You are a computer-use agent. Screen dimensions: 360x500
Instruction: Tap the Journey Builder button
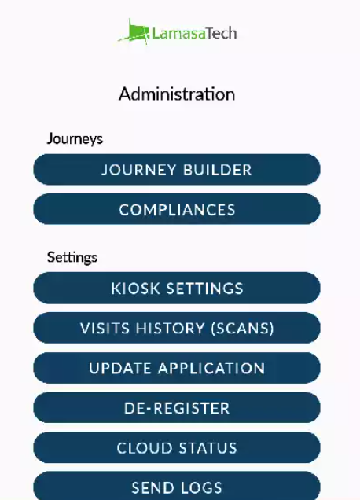(177, 169)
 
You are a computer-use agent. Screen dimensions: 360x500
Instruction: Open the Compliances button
(177, 209)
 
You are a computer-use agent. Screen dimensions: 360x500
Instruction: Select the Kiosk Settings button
(177, 288)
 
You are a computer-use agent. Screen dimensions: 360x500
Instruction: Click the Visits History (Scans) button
(177, 328)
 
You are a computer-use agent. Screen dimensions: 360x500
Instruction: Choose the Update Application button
(177, 368)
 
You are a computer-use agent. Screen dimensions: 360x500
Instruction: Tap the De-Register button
(177, 407)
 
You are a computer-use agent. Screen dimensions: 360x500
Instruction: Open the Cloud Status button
(177, 447)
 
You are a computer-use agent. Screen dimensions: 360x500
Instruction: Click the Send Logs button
(177, 486)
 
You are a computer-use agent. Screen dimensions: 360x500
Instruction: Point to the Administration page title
(177, 94)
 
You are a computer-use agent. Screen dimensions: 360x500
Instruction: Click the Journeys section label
(75, 139)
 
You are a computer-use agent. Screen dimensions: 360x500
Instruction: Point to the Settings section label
(72, 258)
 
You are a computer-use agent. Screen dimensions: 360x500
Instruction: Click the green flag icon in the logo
(134, 32)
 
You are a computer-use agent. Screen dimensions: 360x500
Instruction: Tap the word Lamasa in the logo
(178, 33)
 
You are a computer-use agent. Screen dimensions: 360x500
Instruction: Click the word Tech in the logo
(221, 33)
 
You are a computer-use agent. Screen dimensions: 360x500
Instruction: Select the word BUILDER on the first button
(218, 170)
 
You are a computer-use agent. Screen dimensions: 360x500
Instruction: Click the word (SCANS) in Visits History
(242, 328)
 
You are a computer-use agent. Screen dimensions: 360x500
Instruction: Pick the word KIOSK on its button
(135, 289)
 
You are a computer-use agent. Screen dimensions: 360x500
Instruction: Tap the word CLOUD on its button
(145, 447)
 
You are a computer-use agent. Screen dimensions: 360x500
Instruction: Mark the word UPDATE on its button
(120, 368)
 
